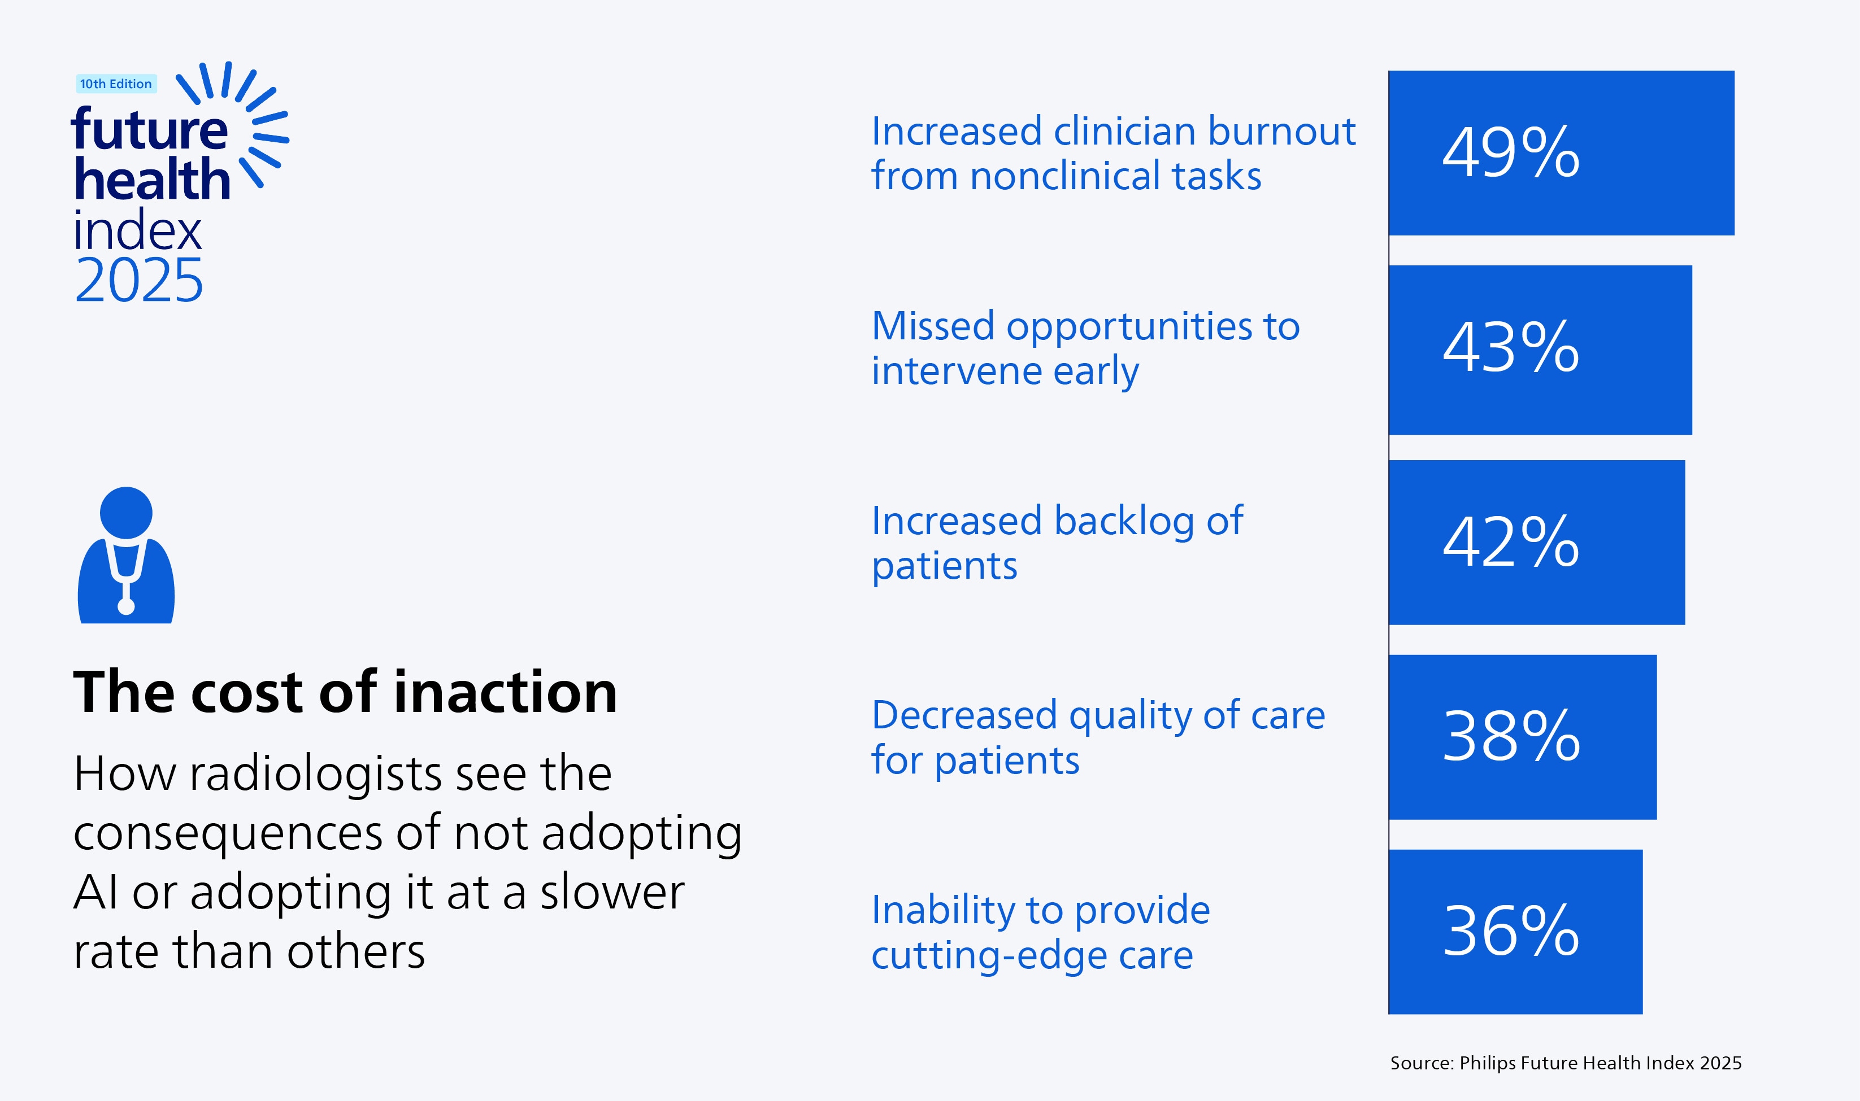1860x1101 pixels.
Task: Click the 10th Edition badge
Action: pos(116,84)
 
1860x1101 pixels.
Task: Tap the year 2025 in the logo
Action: pos(139,281)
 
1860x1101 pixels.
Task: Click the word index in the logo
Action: pos(137,231)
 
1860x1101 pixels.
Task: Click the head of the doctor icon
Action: pos(126,513)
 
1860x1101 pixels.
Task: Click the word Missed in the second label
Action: pos(933,326)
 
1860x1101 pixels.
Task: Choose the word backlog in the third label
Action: pos(1124,521)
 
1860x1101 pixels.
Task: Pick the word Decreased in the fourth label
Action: pos(964,715)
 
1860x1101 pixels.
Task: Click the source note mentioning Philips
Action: pos(1565,1063)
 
